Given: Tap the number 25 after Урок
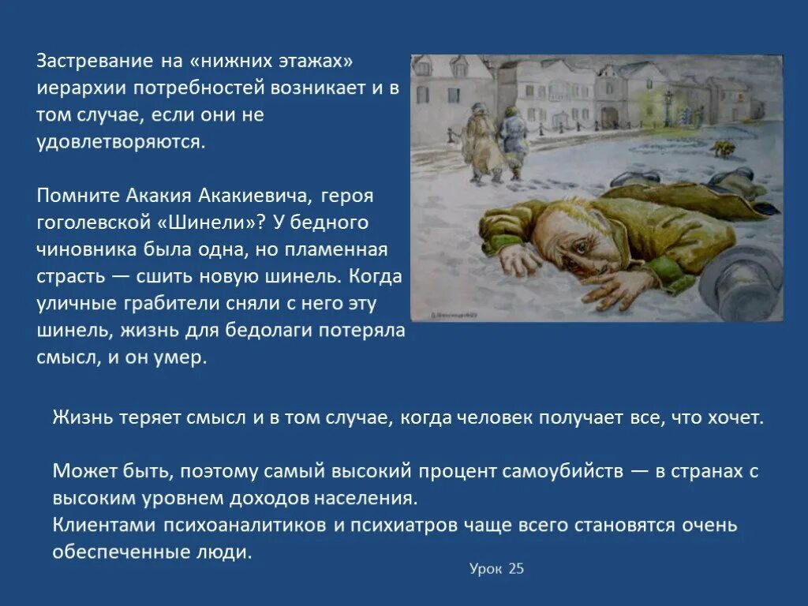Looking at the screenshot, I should [516, 569].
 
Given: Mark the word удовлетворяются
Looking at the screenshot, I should [122, 141].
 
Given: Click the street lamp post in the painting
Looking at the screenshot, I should [668, 110].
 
